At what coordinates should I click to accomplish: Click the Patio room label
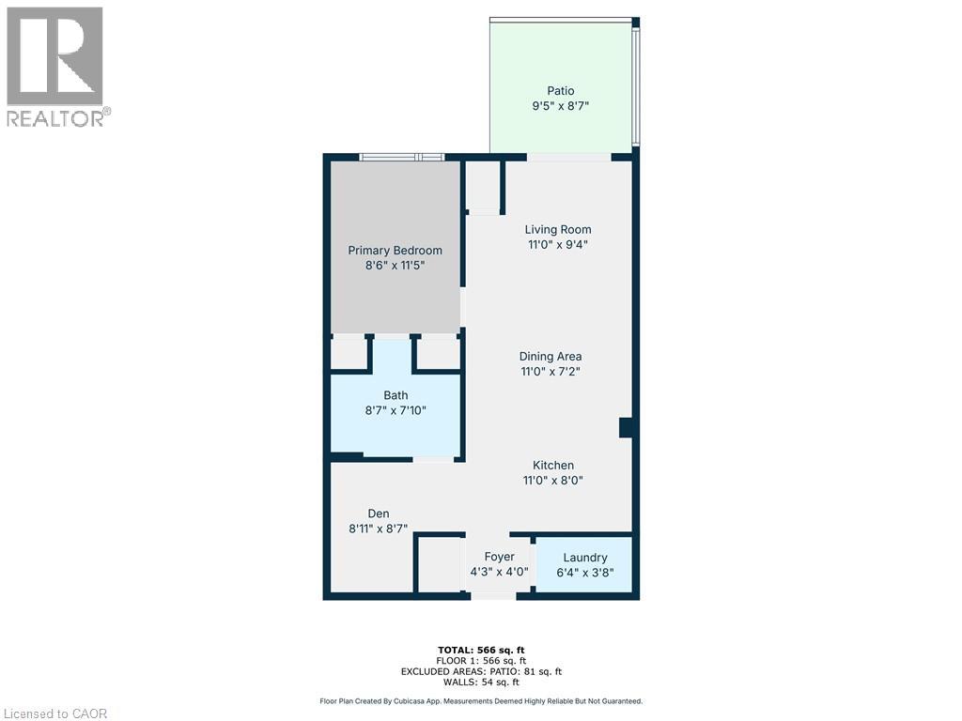[x=561, y=91]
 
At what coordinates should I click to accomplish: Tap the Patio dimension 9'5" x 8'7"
[x=561, y=106]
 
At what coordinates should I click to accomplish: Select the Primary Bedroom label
[x=395, y=251]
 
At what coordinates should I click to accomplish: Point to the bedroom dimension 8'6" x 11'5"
[x=395, y=266]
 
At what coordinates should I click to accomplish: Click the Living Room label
[x=558, y=229]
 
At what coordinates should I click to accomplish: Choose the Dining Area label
[x=551, y=357]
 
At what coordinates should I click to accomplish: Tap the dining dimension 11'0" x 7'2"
[x=551, y=372]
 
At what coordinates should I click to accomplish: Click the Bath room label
[x=396, y=395]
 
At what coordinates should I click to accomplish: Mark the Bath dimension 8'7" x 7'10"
[x=396, y=410]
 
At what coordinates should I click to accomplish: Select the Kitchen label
[x=553, y=466]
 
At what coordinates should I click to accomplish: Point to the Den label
[x=379, y=514]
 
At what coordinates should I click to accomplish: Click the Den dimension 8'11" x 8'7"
[x=379, y=529]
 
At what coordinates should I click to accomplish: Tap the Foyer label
[x=499, y=557]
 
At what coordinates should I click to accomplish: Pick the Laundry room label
[x=584, y=558]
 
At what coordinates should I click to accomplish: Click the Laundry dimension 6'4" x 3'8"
[x=584, y=572]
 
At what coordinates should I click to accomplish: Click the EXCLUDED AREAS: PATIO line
[x=480, y=670]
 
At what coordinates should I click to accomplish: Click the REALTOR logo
[x=55, y=66]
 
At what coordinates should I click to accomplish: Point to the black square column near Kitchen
[x=627, y=427]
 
